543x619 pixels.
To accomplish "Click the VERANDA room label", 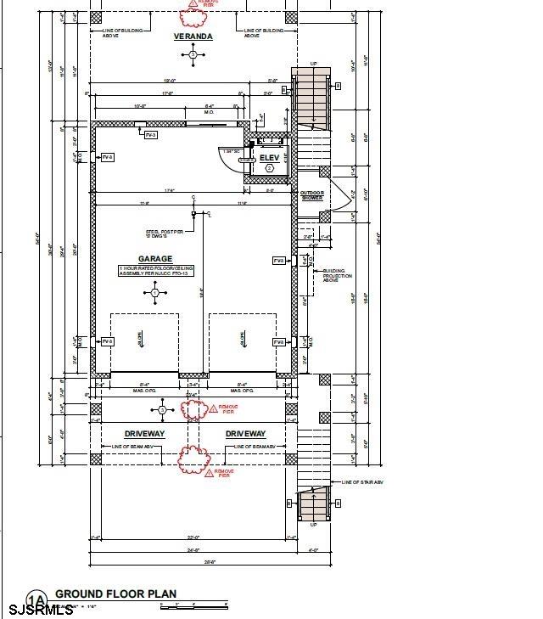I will click(193, 37).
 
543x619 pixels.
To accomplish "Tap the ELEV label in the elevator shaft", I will click(269, 158).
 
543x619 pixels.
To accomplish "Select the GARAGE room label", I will click(155, 259).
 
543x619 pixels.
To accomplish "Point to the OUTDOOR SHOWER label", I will click(312, 196).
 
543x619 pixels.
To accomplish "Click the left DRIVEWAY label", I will click(144, 434).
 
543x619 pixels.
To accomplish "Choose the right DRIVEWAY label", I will click(246, 434).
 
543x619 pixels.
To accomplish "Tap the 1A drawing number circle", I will click(36, 599).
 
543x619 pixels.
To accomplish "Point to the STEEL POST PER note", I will click(165, 233).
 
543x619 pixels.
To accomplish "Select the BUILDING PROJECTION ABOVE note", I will click(339, 277).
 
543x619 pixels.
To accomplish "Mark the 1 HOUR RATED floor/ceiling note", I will click(155, 271).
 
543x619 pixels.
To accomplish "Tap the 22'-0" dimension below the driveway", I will click(193, 537).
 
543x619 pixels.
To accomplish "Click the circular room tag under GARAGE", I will click(154, 293).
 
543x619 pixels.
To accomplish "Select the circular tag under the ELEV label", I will click(269, 169).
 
